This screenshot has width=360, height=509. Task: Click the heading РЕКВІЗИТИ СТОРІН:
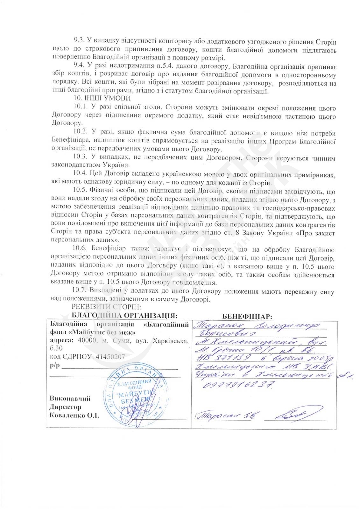[x=106, y=307]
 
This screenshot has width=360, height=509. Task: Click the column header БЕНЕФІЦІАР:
[x=247, y=316]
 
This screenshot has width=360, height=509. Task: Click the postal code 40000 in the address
[x=87, y=340]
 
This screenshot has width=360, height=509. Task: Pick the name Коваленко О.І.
[x=74, y=415]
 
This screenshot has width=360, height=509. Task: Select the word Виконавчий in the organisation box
[x=70, y=399]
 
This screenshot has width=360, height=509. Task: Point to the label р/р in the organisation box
[x=55, y=366]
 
